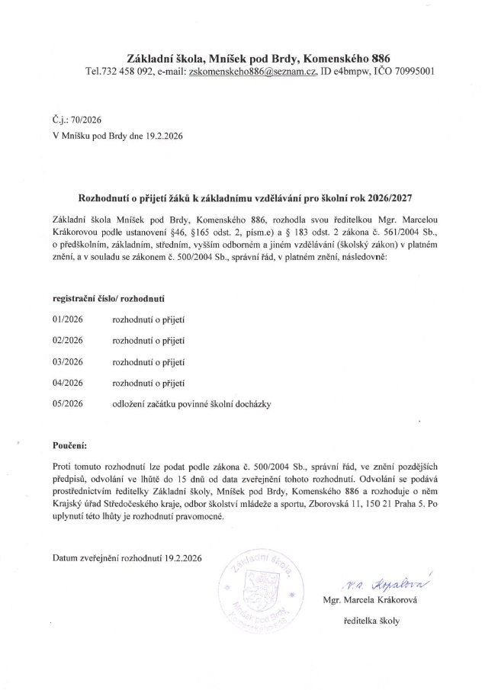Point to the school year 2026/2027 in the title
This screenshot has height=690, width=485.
click(x=385, y=197)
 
